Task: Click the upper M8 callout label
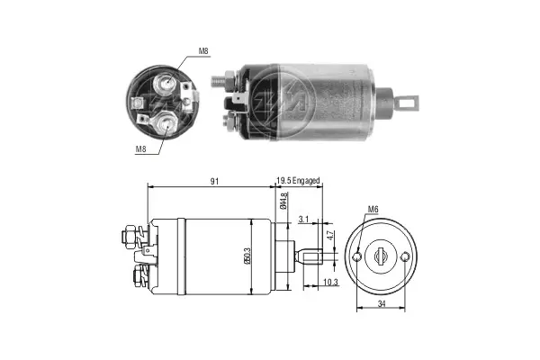(x=203, y=51)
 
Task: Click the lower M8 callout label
(x=140, y=149)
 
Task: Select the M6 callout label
(x=373, y=209)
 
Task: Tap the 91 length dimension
(x=214, y=182)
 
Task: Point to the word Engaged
(x=306, y=181)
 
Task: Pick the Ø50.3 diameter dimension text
(x=247, y=256)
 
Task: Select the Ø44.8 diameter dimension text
(x=283, y=201)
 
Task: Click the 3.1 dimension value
(x=303, y=219)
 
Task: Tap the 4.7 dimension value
(x=330, y=236)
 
